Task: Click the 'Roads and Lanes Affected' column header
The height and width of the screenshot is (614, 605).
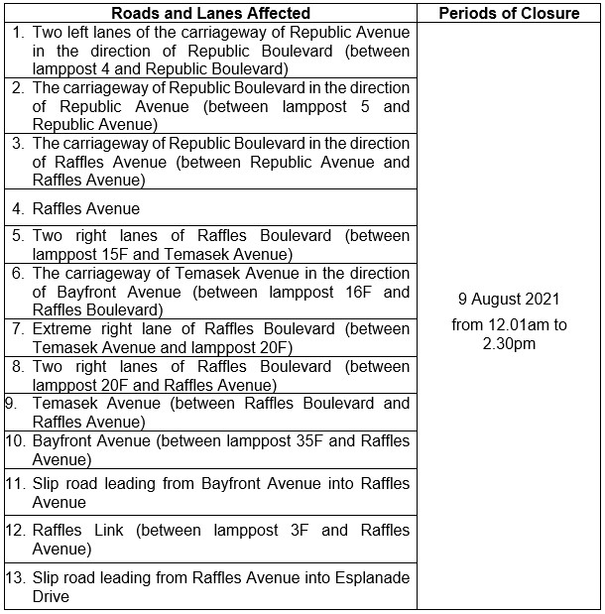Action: point(210,13)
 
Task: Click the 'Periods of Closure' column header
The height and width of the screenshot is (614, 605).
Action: point(510,13)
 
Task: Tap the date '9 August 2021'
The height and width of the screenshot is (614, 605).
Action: point(510,299)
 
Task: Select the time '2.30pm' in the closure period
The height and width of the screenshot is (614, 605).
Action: point(510,344)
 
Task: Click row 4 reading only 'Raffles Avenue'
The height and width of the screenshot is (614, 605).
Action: point(86,209)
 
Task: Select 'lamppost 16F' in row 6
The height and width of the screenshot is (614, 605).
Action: point(353,292)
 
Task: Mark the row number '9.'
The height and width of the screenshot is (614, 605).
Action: point(12,404)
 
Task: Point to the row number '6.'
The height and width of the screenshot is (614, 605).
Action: point(19,273)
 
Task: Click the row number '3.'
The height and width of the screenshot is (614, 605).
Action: point(19,143)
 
